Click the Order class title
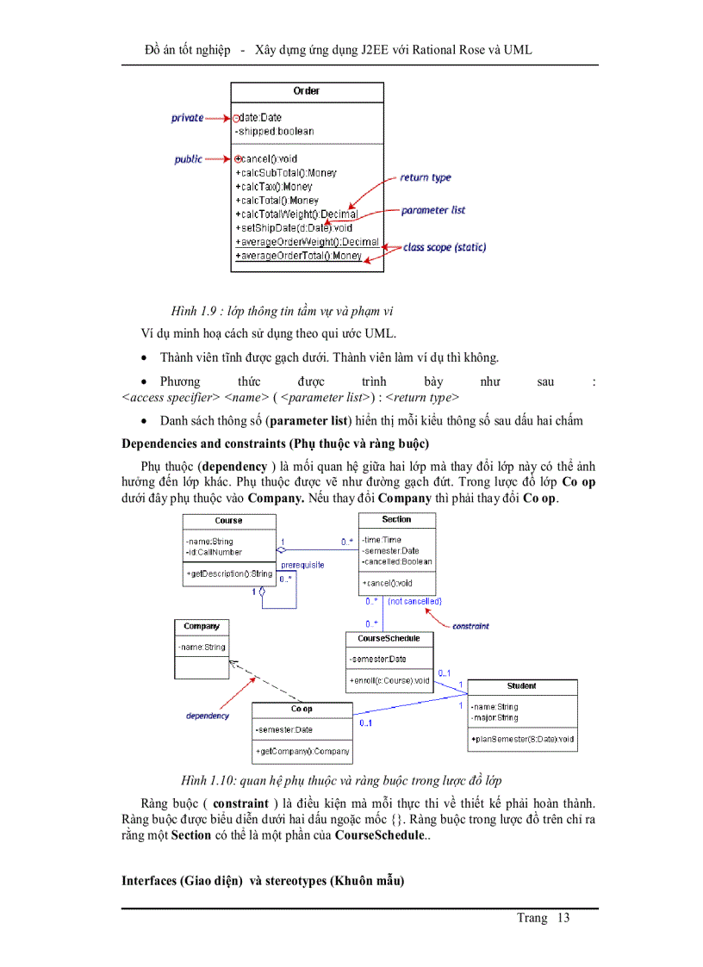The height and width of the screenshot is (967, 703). tap(306, 90)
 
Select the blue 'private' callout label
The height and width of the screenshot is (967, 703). tap(187, 118)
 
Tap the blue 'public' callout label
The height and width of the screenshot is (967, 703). tap(188, 159)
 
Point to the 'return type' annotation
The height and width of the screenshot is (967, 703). tap(426, 177)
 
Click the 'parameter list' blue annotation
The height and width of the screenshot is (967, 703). tap(433, 210)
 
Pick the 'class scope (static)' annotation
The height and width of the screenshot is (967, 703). tap(445, 247)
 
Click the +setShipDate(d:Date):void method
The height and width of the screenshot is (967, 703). tap(294, 228)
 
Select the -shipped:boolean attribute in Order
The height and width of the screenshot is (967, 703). tap(275, 132)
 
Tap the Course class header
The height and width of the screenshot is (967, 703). tap(228, 521)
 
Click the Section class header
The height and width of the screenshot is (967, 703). tap(396, 520)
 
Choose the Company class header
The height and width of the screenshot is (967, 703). tap(202, 627)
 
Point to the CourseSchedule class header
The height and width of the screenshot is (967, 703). tap(389, 639)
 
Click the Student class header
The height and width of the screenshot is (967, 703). tap(521, 686)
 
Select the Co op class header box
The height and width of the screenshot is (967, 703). tap(302, 710)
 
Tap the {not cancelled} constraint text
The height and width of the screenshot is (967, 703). tap(414, 601)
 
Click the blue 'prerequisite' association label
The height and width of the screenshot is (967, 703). tap(302, 565)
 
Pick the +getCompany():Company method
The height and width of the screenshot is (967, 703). tap(302, 752)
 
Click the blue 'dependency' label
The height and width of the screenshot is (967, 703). tap(208, 716)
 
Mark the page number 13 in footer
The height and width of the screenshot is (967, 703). tap(563, 918)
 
